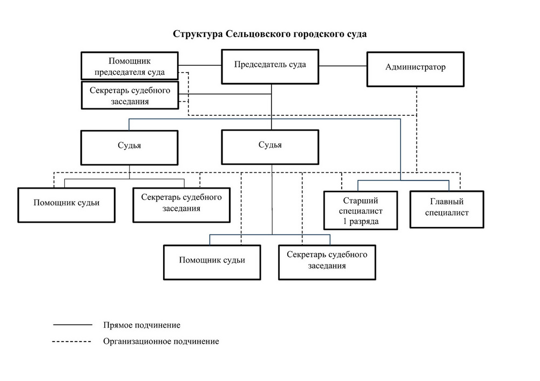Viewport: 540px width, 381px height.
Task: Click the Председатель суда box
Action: [x=270, y=66]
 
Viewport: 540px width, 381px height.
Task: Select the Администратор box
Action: [x=415, y=68]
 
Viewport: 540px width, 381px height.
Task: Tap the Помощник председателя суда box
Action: [x=129, y=66]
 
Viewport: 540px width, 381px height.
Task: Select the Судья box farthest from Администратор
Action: [x=129, y=146]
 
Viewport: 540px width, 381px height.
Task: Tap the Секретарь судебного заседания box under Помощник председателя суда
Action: [x=129, y=95]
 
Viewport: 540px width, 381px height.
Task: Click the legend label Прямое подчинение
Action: [x=141, y=325]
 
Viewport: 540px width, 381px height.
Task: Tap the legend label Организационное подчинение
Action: [x=161, y=341]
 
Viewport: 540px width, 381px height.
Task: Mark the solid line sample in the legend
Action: [x=73, y=325]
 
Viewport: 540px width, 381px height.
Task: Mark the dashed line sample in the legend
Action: [x=73, y=341]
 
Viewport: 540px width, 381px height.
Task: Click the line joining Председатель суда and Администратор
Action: [x=342, y=66]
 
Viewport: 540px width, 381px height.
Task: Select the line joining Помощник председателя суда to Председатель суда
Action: [x=200, y=65]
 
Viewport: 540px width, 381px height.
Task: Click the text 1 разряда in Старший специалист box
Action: [x=361, y=221]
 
